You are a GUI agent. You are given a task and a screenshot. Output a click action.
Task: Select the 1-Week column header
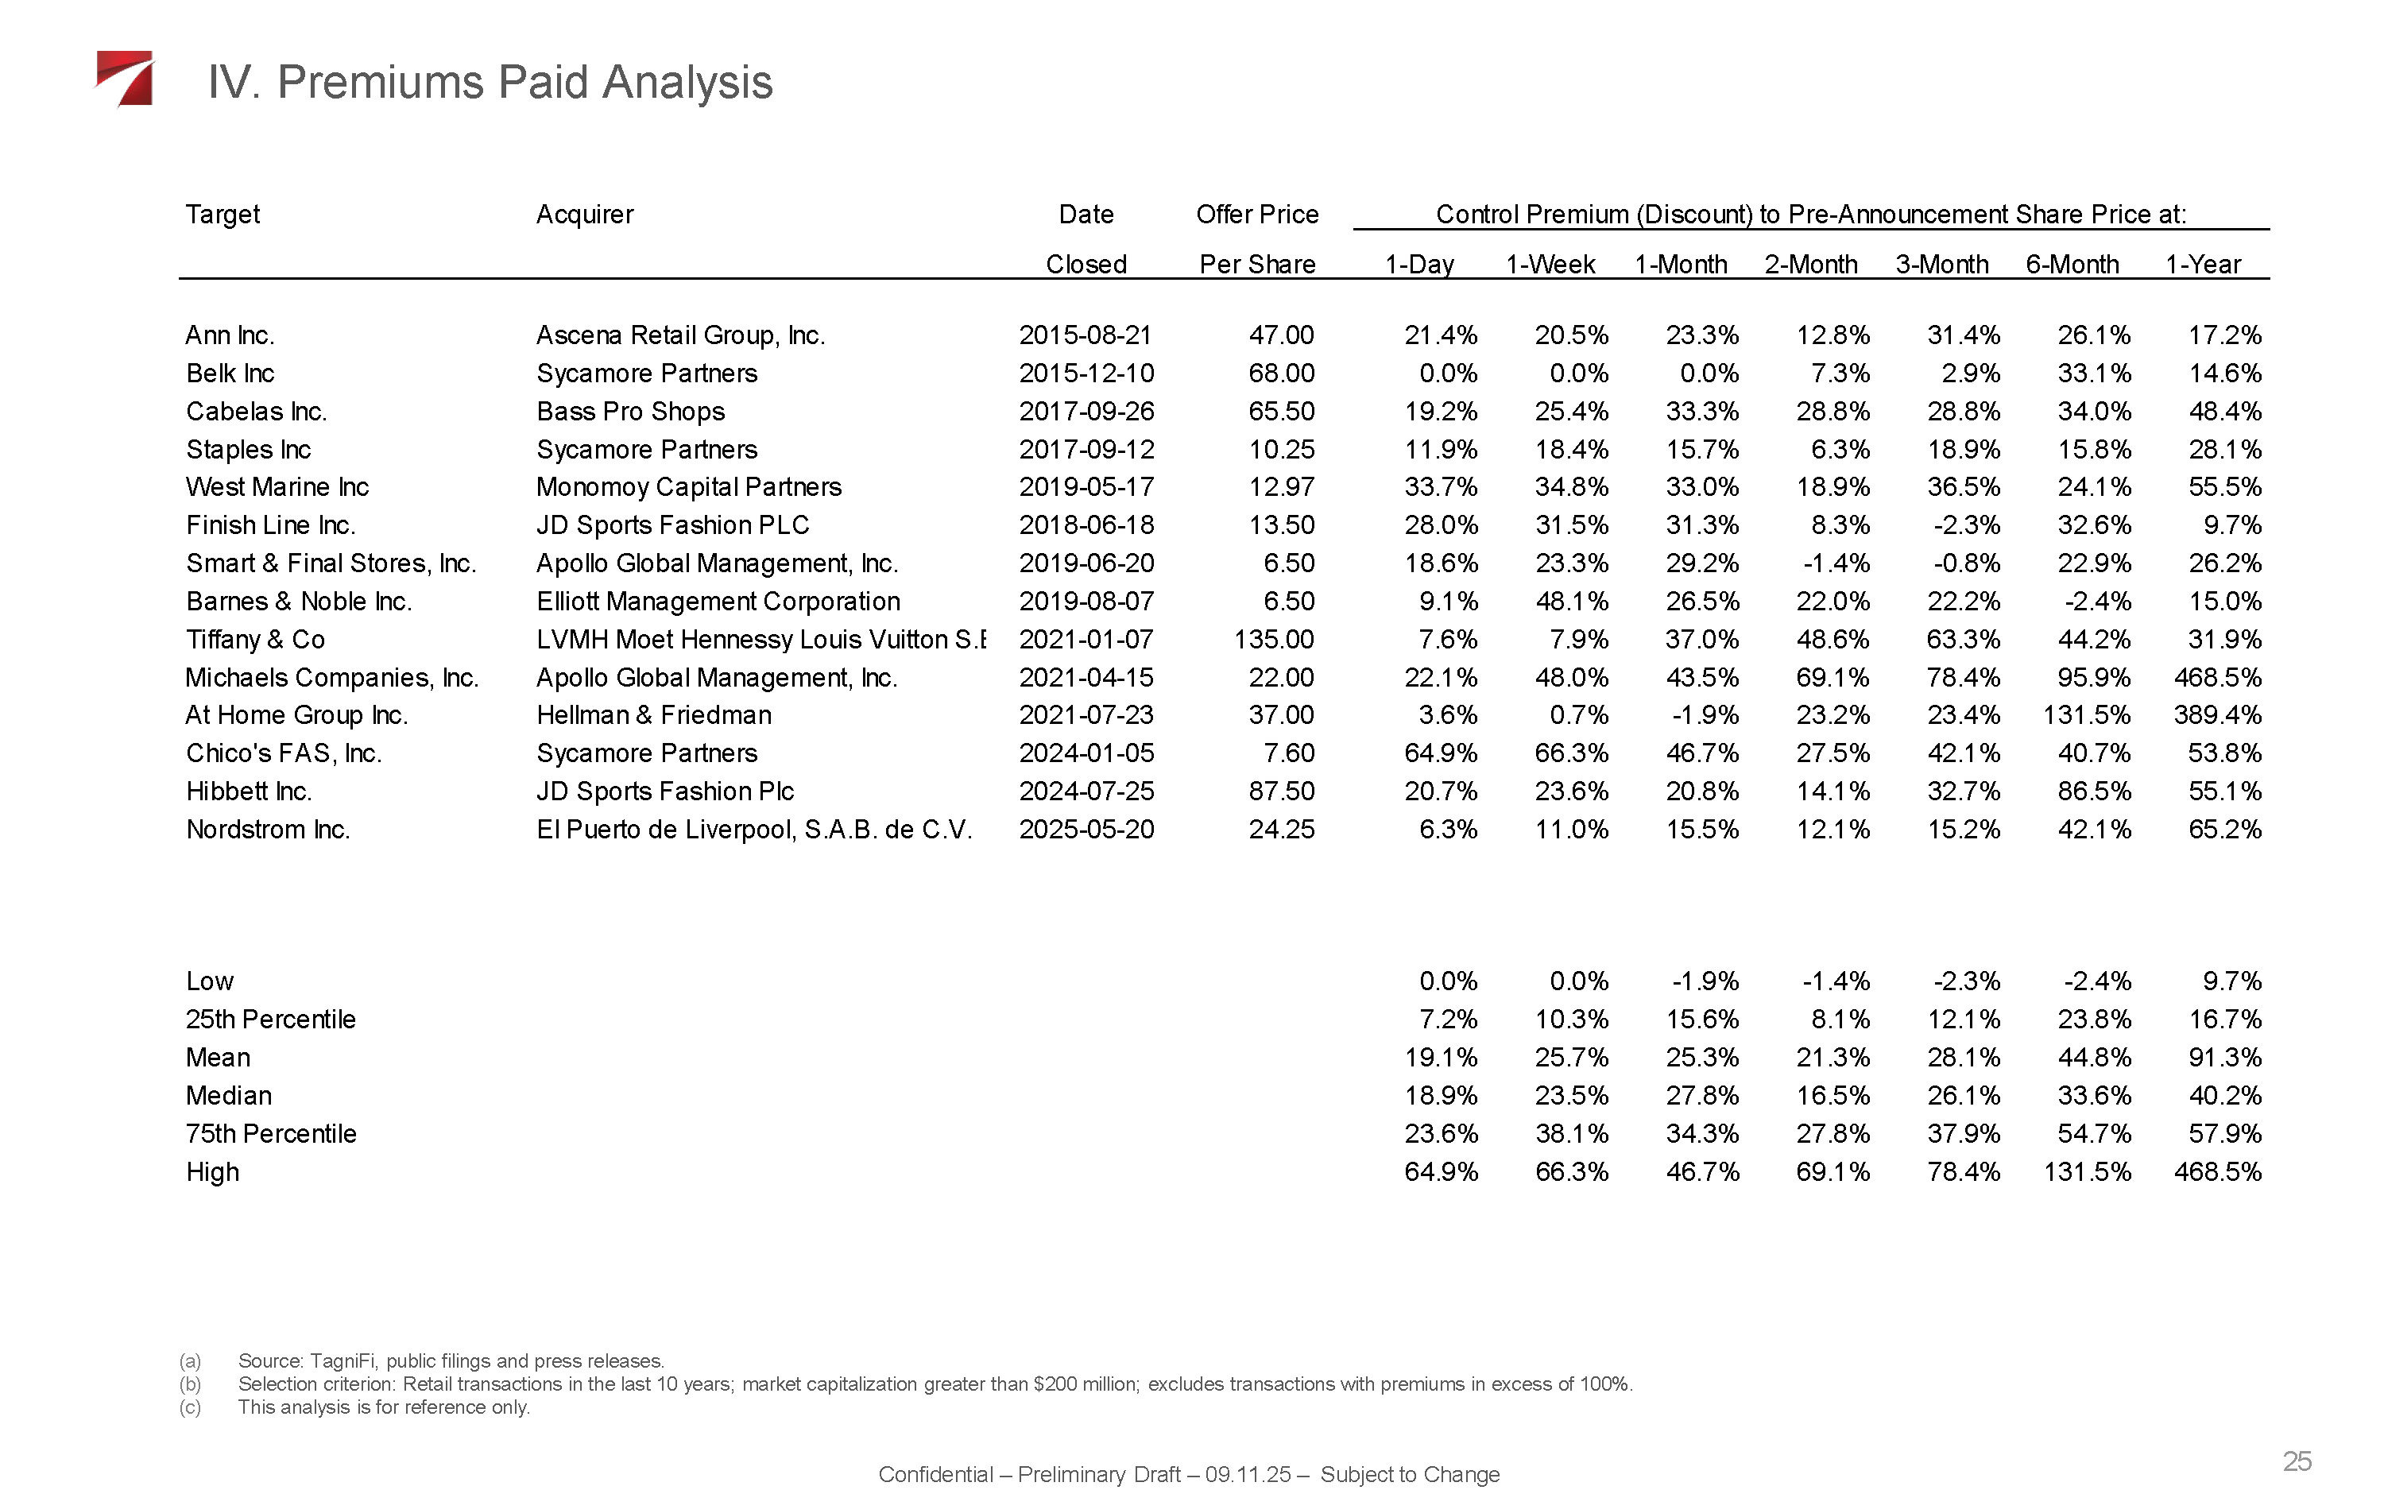(1550, 264)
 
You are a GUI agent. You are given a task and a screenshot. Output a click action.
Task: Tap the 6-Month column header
(2072, 264)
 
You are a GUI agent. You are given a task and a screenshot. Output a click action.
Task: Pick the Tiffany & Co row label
(255, 640)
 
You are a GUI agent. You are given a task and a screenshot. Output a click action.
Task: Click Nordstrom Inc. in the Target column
(268, 830)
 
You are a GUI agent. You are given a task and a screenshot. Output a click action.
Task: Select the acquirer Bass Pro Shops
(630, 411)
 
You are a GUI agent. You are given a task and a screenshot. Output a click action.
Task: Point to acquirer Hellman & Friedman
(653, 715)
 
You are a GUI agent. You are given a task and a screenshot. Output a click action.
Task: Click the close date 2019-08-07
(1086, 601)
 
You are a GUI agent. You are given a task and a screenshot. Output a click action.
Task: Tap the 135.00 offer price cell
(1274, 640)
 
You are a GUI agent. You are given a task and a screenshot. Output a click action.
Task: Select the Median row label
(229, 1096)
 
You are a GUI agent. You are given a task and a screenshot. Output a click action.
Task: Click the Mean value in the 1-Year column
(2224, 1058)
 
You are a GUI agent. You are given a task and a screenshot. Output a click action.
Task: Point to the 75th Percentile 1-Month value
(1701, 1134)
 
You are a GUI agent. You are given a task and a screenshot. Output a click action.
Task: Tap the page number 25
(2297, 1461)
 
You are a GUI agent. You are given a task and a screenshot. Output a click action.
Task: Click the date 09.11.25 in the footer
(1247, 1474)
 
